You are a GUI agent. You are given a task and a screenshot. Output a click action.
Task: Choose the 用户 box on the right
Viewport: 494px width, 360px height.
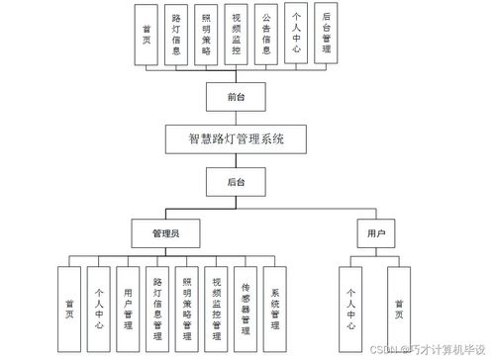click(375, 234)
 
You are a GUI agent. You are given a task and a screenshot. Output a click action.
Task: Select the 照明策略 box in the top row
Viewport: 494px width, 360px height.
click(205, 34)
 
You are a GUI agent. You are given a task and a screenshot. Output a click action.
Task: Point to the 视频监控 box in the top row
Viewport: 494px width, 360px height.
click(235, 34)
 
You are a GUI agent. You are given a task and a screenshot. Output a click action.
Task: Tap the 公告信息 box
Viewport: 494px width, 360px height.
click(264, 34)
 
